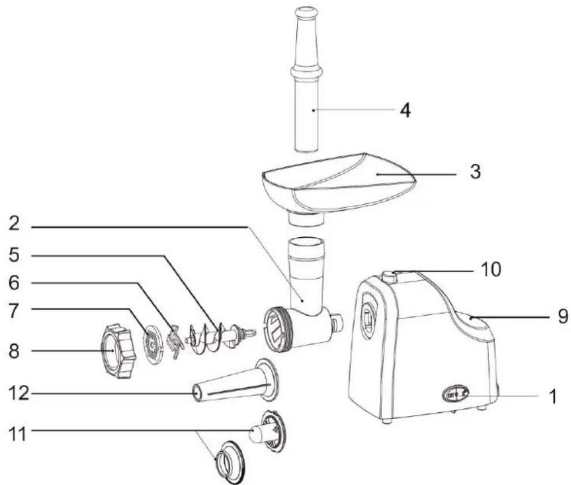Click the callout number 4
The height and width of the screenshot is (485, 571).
(405, 110)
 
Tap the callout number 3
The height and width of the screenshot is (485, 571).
(475, 171)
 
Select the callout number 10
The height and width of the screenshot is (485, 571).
(491, 270)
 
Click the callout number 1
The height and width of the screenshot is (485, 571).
(553, 397)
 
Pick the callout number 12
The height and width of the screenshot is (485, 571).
(19, 393)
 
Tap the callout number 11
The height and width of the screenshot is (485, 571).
(18, 434)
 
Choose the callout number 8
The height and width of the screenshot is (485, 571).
(14, 352)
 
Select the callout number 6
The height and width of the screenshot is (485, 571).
(14, 283)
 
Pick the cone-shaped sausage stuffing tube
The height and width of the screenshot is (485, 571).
(236, 380)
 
